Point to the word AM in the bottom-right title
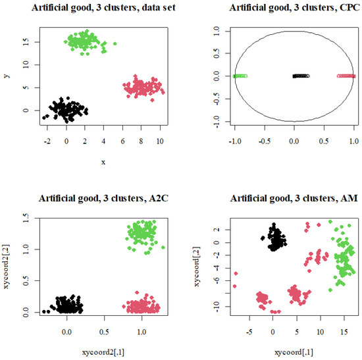pyautogui.click(x=344, y=199)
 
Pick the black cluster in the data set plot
pyautogui.click(x=66, y=109)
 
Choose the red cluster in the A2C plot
pyautogui.click(x=143, y=307)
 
